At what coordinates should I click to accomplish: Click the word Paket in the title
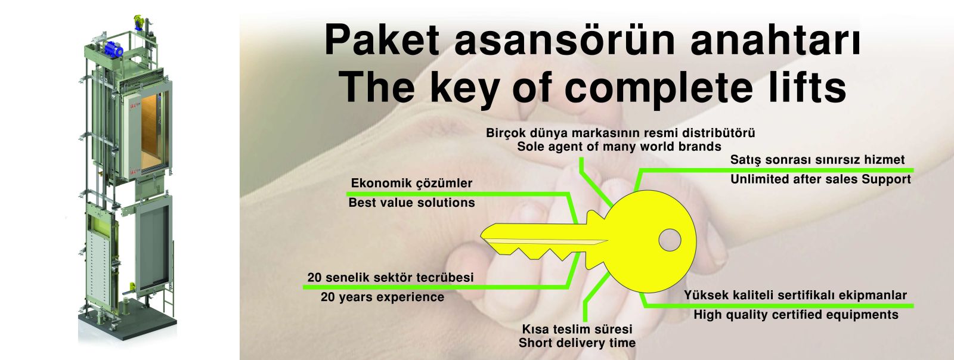pyautogui.click(x=382, y=41)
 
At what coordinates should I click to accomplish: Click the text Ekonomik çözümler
pyautogui.click(x=411, y=184)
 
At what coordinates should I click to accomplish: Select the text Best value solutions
pyautogui.click(x=411, y=203)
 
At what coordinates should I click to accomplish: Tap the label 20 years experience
pyautogui.click(x=382, y=297)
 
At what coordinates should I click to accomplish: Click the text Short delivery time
pyautogui.click(x=577, y=343)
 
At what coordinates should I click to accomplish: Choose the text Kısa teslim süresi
pyautogui.click(x=577, y=329)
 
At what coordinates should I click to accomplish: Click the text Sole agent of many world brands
pyautogui.click(x=619, y=147)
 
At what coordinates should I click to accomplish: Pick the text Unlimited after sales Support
pyautogui.click(x=820, y=179)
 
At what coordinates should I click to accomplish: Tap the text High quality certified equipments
pyautogui.click(x=796, y=315)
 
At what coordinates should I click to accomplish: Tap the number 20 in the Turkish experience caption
pyautogui.click(x=314, y=277)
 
